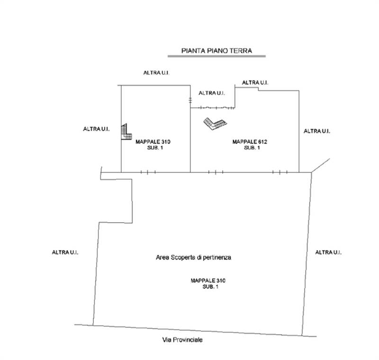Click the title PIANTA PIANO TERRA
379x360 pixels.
[217, 51]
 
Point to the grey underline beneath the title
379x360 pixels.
[217, 56]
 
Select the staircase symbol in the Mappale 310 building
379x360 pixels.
[126, 132]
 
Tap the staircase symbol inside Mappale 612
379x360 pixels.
[215, 124]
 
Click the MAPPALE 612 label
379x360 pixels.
[250, 142]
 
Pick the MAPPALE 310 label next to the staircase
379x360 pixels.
[153, 142]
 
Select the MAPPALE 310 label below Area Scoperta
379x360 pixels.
[208, 280]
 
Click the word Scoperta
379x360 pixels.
[183, 258]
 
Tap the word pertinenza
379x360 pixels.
[217, 258]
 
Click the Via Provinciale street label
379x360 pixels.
[182, 340]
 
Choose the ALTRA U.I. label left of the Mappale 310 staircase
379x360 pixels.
[96, 129]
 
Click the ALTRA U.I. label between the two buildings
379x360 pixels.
[212, 93]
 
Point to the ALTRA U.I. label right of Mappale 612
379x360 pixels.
[316, 131]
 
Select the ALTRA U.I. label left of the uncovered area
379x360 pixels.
[65, 252]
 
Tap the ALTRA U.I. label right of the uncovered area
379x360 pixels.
[328, 252]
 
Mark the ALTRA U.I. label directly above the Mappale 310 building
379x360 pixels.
[156, 73]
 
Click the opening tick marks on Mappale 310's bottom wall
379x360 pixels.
[148, 172]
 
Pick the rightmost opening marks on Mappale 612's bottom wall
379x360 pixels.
[280, 172]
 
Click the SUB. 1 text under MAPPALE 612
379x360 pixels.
[252, 148]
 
